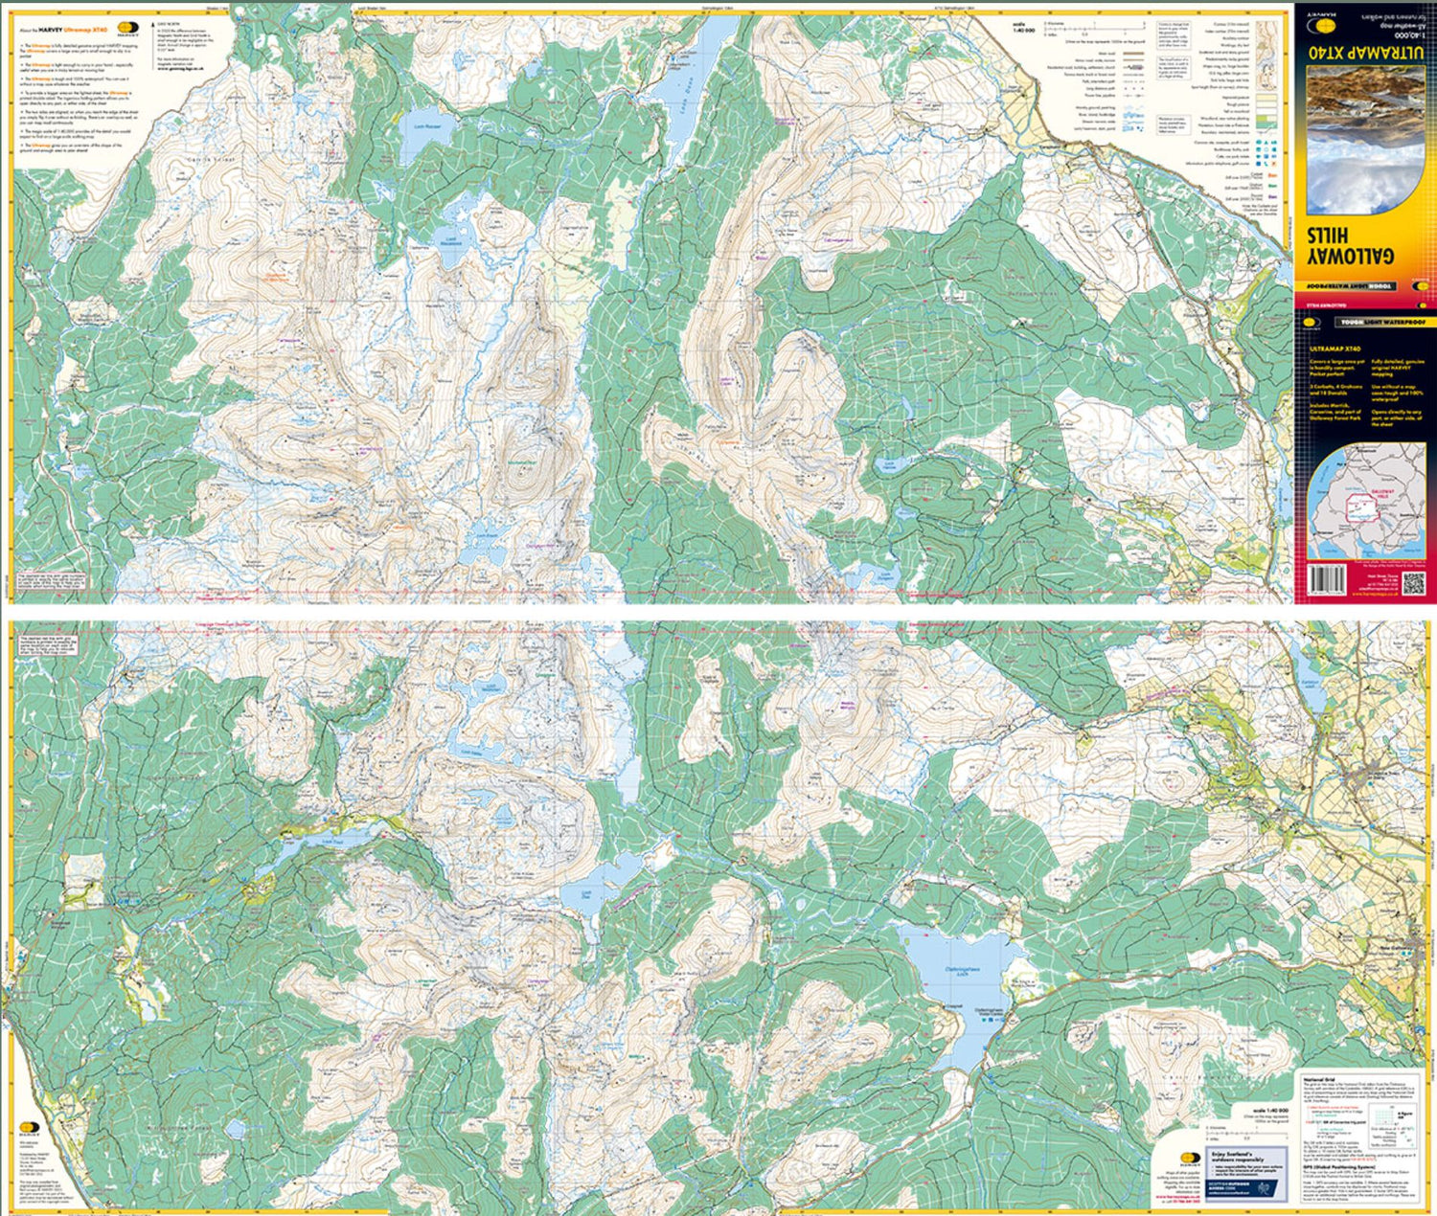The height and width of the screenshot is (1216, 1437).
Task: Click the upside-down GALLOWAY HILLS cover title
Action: pyautogui.click(x=1359, y=259)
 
